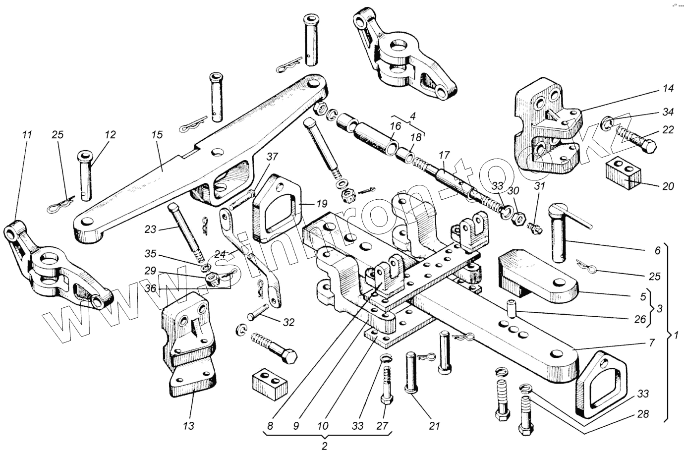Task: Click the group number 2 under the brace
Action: pyautogui.click(x=325, y=446)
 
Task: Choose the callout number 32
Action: pyautogui.click(x=288, y=323)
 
